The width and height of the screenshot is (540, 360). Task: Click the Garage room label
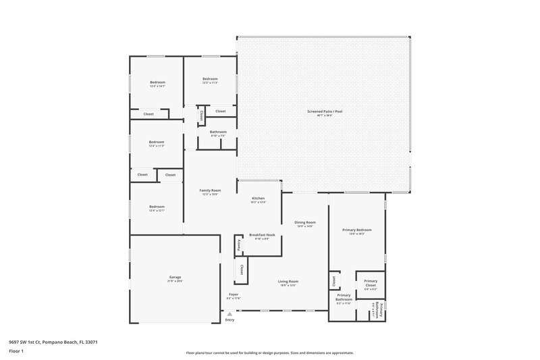pos(175,277)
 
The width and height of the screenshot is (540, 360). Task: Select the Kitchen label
pos(258,198)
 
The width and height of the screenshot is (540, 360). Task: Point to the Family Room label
pos(210,190)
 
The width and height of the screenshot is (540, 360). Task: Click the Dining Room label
pos(305,222)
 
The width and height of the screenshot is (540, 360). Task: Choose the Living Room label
pos(288,281)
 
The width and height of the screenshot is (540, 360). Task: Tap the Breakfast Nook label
pos(261,234)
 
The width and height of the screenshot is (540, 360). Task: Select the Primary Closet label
pos(371,283)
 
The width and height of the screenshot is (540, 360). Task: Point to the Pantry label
pos(239,246)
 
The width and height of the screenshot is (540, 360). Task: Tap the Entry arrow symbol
pos(230,313)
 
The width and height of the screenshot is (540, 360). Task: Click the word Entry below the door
pos(230,319)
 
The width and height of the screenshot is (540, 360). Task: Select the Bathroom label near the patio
pos(218,132)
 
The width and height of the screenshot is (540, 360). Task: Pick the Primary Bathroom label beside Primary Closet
pos(344,297)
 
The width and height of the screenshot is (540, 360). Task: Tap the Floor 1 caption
pos(16,351)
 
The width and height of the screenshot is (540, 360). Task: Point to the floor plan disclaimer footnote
pos(270,353)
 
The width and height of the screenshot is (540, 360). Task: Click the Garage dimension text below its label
pos(175,281)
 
